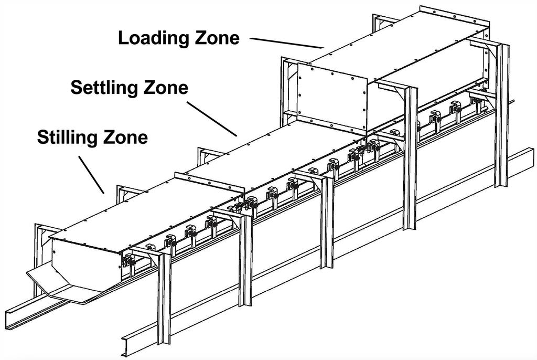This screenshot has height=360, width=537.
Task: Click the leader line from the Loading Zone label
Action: click(286, 43)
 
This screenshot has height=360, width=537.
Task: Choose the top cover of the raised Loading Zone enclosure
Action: click(399, 42)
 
